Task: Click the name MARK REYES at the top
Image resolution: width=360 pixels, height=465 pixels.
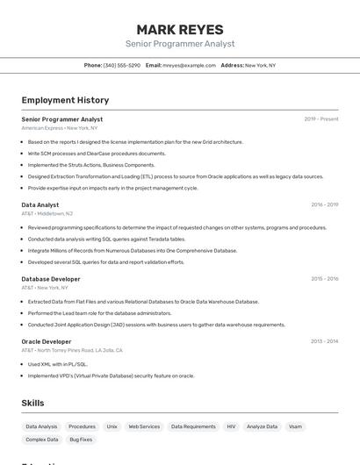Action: [x=180, y=29]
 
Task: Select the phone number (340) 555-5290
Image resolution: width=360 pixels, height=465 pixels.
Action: [x=121, y=65]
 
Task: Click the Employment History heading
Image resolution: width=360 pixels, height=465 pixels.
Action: [x=65, y=100]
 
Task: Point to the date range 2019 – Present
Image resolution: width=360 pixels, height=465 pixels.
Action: [x=321, y=119]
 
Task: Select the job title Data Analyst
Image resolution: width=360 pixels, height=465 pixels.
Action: [x=40, y=204]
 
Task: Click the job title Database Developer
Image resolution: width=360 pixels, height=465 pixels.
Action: [x=51, y=279]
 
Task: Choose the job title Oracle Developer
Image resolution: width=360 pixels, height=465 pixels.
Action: [x=47, y=341]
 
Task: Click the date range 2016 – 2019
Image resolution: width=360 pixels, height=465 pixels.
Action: [x=325, y=204]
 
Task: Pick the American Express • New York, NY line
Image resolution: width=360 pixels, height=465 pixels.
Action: [x=60, y=128]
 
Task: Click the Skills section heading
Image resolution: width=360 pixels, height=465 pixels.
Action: [x=33, y=403]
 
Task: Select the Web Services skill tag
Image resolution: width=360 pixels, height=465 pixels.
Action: [x=144, y=426]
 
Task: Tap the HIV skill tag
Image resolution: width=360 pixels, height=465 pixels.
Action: [x=231, y=426]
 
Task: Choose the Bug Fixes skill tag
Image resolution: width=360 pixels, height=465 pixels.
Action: [x=81, y=440]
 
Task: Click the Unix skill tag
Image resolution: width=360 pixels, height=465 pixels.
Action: [x=112, y=426]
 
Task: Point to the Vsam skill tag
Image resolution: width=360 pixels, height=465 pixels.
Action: [x=295, y=426]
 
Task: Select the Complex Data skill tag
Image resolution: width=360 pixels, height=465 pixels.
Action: [x=42, y=440]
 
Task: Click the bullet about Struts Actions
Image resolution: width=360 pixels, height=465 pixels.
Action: [x=91, y=165]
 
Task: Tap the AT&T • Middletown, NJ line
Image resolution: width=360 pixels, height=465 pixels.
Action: [x=47, y=213]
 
